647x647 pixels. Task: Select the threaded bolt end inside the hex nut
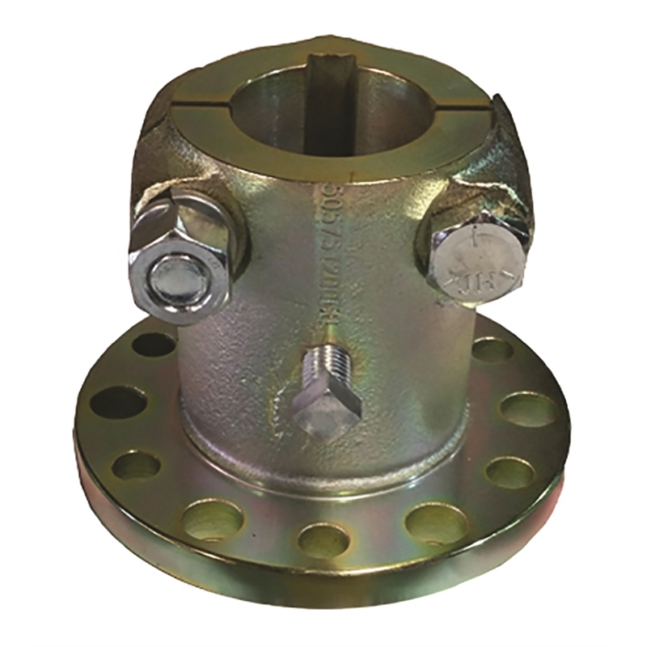pos(175,279)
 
